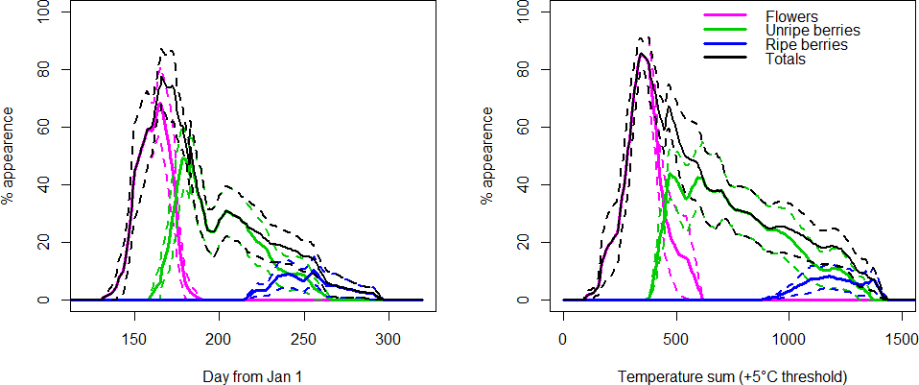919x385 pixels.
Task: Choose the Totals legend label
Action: (x=786, y=60)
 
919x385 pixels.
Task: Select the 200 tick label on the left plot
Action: (x=220, y=339)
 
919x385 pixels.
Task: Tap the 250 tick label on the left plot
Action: (x=304, y=339)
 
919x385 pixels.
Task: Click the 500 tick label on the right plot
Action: (x=675, y=339)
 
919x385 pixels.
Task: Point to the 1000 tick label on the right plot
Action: (x=789, y=339)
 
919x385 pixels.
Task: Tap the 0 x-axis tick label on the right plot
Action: (x=563, y=339)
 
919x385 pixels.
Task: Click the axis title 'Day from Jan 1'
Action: (x=247, y=376)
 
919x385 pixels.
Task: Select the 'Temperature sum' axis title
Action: (x=733, y=376)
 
